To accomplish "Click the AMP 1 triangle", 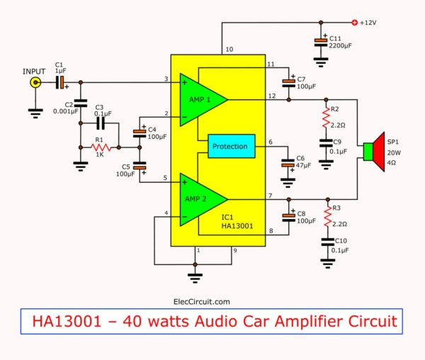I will [x=200, y=99].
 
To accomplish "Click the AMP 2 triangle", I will [x=200, y=199].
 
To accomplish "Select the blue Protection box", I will [x=229, y=147].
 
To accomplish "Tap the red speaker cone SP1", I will [x=376, y=152].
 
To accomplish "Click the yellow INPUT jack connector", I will [x=33, y=83].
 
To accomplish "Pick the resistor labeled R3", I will [x=326, y=215].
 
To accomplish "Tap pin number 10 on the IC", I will [x=229, y=50].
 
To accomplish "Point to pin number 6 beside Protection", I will [x=270, y=142].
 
